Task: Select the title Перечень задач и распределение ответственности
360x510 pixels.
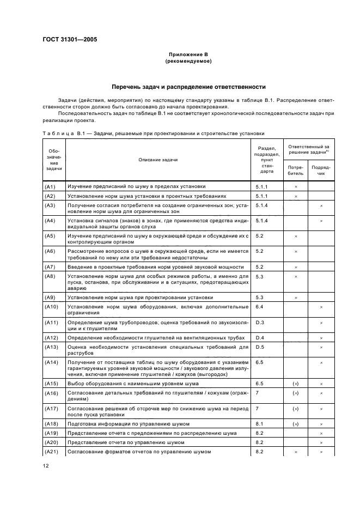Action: click(x=188, y=86)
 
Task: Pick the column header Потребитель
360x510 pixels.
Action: click(x=296, y=170)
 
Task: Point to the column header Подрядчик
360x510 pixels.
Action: click(x=321, y=170)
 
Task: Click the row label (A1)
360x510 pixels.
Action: click(x=50, y=186)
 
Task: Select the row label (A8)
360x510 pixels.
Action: click(x=50, y=277)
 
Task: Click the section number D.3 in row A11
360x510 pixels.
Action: click(x=260, y=323)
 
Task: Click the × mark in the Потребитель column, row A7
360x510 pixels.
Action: click(x=296, y=267)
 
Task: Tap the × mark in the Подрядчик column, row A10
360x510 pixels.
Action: click(x=321, y=307)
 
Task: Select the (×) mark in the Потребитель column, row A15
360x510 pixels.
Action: click(x=296, y=383)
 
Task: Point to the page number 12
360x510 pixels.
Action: click(x=46, y=465)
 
